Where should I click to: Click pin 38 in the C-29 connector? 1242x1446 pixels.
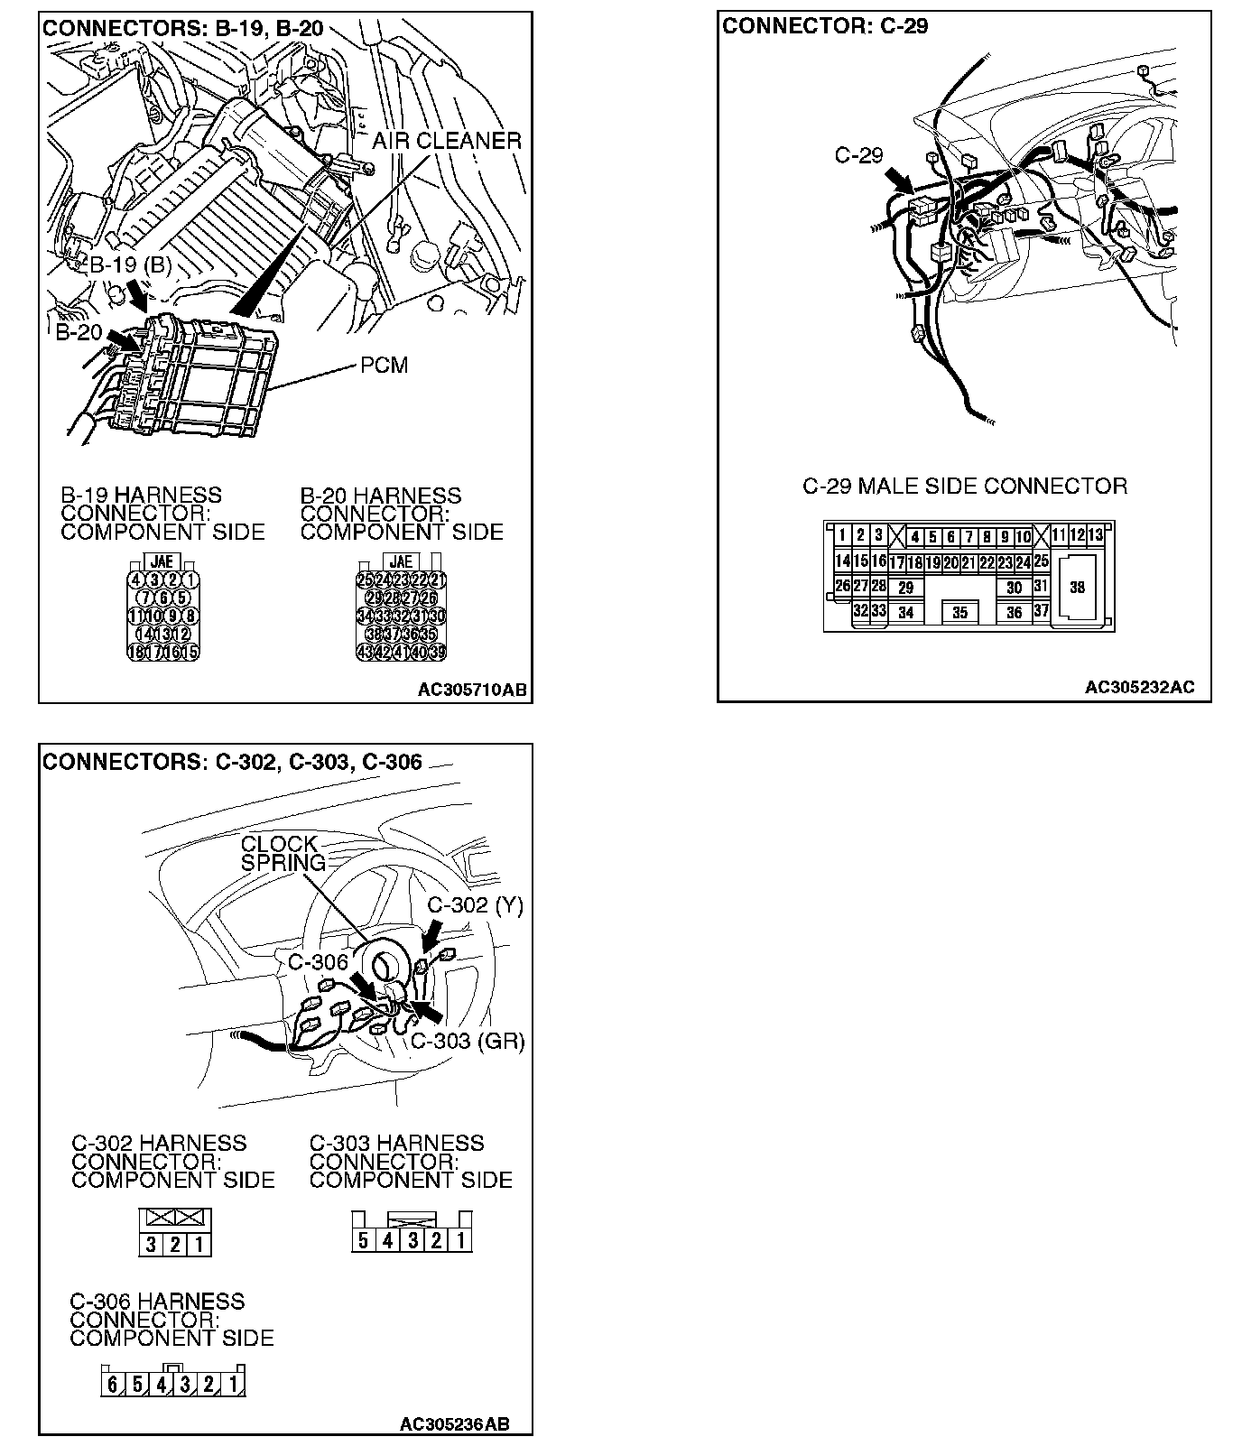coord(1077,587)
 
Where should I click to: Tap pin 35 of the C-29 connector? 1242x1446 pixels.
coord(959,612)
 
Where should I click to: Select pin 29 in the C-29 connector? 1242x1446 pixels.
coord(905,587)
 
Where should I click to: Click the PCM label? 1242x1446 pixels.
coord(384,366)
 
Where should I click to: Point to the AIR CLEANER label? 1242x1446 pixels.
coord(447,141)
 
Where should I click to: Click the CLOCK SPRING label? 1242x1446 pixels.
coord(281,853)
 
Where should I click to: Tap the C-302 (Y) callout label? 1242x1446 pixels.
coord(475,905)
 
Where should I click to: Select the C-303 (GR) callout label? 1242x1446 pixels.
coord(468,1041)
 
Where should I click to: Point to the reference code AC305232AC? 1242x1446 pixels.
coord(1139,687)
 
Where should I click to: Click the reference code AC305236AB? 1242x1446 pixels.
coord(454,1424)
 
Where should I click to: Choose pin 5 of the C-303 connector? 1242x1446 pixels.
coord(363,1239)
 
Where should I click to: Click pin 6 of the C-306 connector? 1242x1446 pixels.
coord(112,1384)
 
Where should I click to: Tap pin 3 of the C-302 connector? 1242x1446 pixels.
coord(151,1246)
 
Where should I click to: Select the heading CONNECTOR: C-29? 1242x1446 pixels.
coord(825,26)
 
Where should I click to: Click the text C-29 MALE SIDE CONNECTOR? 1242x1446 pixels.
coord(965,487)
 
